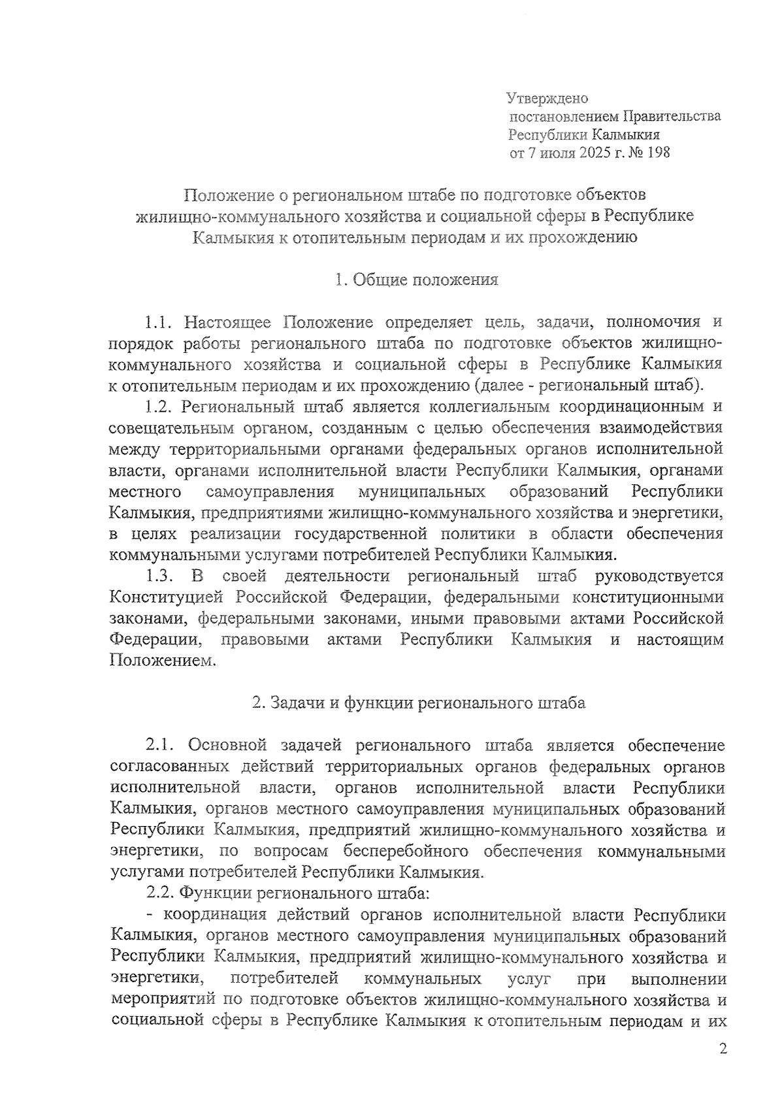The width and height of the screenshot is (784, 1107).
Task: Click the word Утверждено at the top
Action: tap(548, 99)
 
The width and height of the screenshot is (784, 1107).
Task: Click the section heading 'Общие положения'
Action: tap(425, 280)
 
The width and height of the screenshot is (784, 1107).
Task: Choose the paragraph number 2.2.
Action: tap(160, 893)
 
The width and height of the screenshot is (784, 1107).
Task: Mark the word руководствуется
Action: tap(659, 576)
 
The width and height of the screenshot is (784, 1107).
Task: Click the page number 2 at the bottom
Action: tap(722, 1049)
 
